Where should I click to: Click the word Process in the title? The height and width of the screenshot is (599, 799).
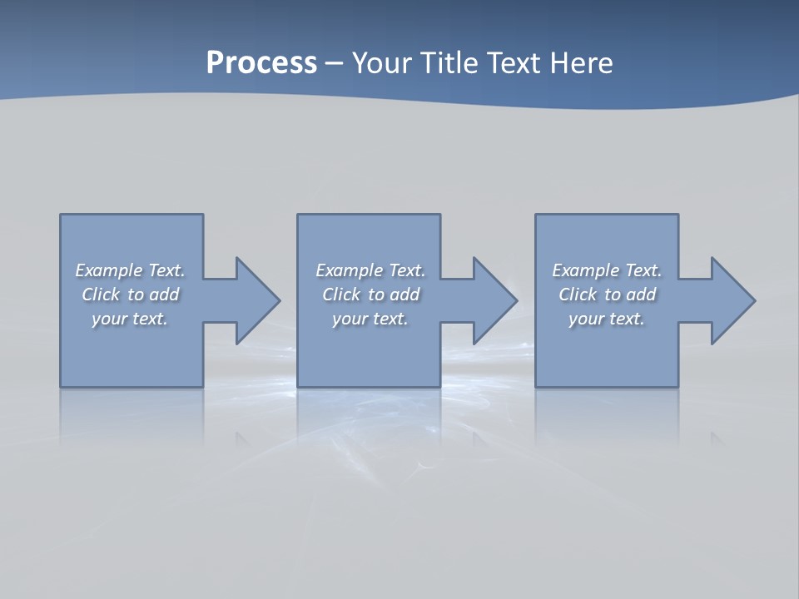point(261,63)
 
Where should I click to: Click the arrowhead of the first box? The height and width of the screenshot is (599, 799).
point(257,300)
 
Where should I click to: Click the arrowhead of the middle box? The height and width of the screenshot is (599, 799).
point(494,300)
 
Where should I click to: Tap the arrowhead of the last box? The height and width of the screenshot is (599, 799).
point(732,300)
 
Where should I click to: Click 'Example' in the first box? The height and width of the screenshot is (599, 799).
point(108,270)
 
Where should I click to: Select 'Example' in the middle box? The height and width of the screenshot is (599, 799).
point(349,270)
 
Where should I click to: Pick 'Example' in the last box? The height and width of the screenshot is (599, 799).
point(585,270)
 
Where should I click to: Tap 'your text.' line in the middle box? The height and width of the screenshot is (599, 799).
point(370,319)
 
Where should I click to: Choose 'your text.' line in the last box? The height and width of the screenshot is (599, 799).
point(607,319)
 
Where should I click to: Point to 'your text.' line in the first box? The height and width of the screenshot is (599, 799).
point(130,319)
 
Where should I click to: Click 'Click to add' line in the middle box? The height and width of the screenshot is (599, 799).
point(370,295)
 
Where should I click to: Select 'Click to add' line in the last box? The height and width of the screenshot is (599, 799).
point(608,295)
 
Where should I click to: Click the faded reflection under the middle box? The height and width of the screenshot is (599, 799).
point(369,416)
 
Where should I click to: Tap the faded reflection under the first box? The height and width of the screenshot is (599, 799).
point(132,416)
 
